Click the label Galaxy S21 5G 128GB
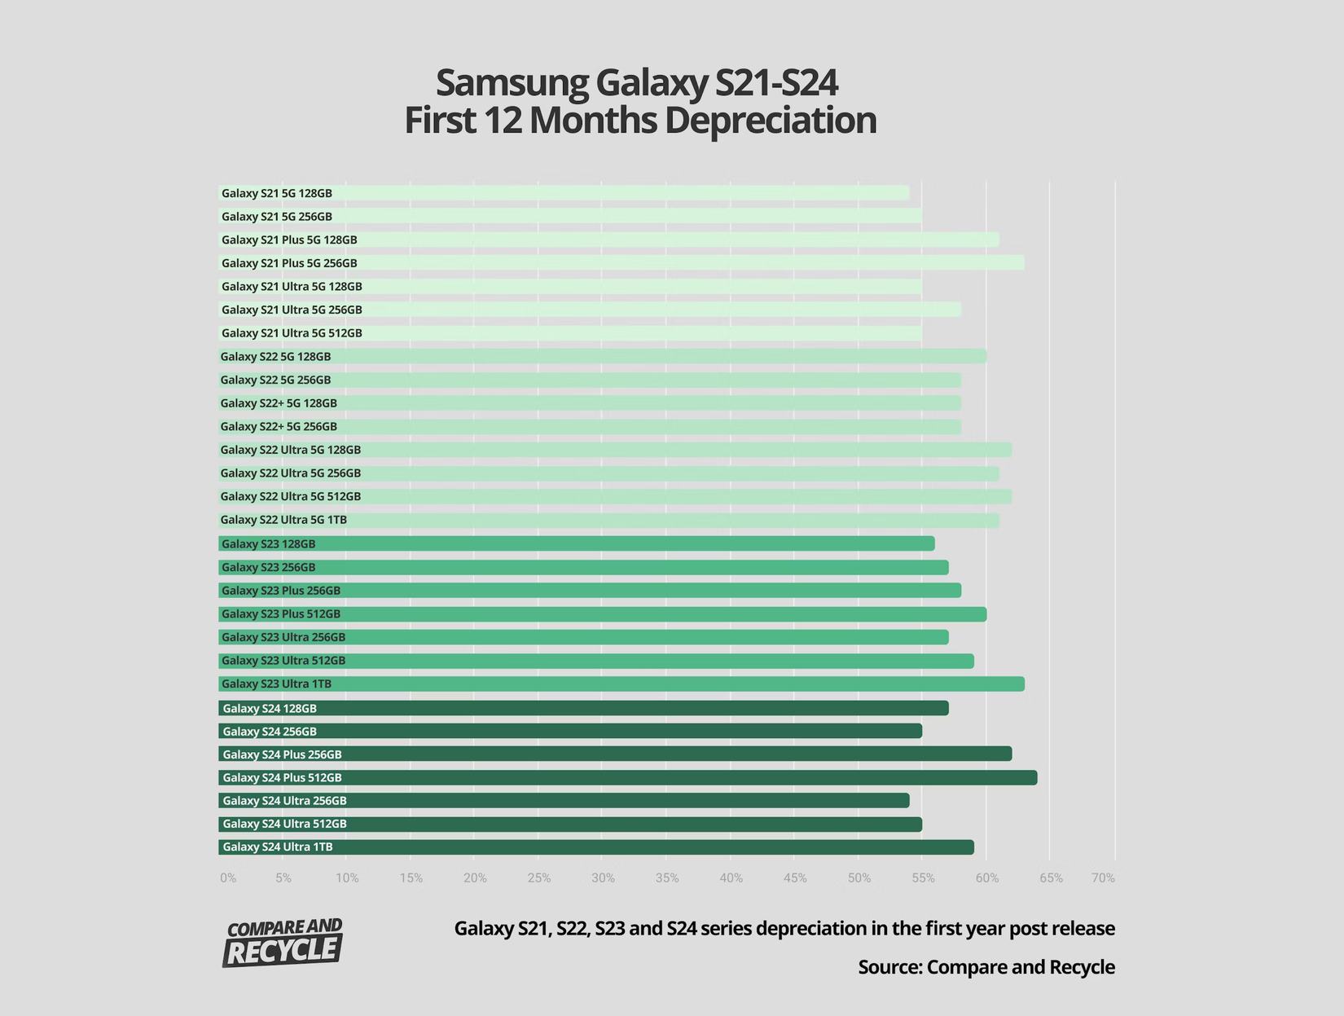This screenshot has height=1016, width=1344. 277,194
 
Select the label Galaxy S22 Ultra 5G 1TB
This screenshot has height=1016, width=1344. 283,520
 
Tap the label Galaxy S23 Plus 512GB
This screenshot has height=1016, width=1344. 281,614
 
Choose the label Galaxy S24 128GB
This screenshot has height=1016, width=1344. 270,709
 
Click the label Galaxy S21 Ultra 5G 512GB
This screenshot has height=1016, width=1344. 292,333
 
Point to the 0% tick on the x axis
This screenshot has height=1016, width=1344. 228,878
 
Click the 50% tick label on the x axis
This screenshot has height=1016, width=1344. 859,878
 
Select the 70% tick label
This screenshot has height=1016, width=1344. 1104,878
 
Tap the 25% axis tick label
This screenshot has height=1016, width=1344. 539,878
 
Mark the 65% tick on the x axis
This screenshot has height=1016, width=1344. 1051,878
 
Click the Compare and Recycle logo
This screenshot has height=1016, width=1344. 283,943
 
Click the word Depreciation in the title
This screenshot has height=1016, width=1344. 770,121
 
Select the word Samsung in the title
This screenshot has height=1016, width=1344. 512,82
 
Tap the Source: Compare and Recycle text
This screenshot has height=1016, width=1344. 986,967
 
